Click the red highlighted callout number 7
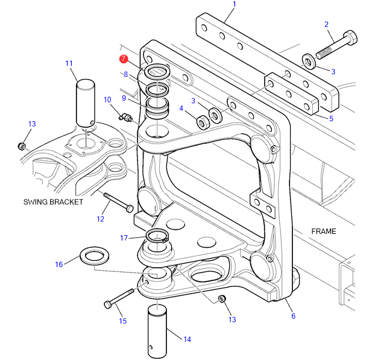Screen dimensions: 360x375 [x=123, y=59]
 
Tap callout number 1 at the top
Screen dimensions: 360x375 [x=234, y=5]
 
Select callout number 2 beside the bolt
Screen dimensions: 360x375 [x=326, y=25]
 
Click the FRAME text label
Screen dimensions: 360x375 [x=323, y=232]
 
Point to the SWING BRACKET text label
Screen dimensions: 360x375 [x=53, y=202]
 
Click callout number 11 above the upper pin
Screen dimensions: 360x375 [x=69, y=63]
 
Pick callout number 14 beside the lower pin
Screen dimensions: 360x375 [x=187, y=339]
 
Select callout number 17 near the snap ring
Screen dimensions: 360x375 [x=124, y=238]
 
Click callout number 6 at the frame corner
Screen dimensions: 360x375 [x=293, y=316]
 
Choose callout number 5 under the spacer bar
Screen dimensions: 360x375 [x=330, y=118]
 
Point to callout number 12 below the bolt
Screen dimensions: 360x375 [x=101, y=219]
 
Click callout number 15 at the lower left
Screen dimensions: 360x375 [x=122, y=321]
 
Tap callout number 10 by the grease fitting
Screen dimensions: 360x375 [x=107, y=99]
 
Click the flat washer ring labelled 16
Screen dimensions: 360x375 [x=94, y=256]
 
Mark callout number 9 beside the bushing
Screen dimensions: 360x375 [x=124, y=98]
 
